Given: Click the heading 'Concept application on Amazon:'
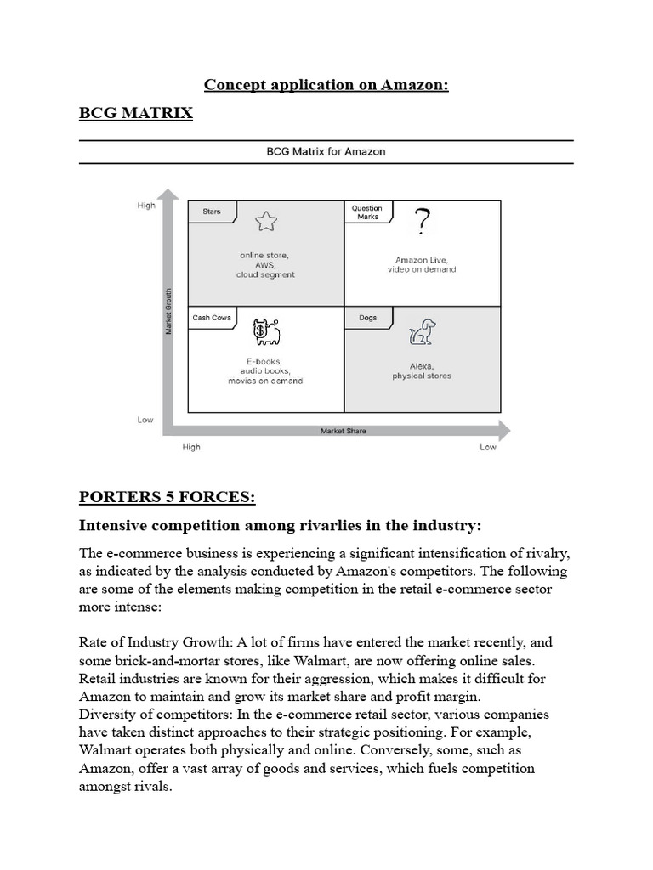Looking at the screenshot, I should pyautogui.click(x=326, y=85).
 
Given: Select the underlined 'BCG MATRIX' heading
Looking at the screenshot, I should pyautogui.click(x=135, y=113).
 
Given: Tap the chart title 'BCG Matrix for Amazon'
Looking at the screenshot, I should pyautogui.click(x=326, y=152).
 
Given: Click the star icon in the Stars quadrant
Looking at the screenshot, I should pyautogui.click(x=266, y=223).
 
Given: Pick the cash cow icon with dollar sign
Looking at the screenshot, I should pyautogui.click(x=266, y=331).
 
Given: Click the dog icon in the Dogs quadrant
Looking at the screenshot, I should pyautogui.click(x=421, y=332).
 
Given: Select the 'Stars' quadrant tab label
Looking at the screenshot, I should pyautogui.click(x=211, y=211).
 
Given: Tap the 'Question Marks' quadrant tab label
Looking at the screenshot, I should pyautogui.click(x=367, y=212).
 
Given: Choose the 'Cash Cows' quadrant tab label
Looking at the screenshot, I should pyautogui.click(x=212, y=318).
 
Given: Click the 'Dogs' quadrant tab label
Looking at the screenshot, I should pyautogui.click(x=367, y=318).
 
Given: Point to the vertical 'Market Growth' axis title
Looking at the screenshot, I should pyautogui.click(x=168, y=311).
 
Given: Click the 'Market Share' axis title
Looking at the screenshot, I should pyautogui.click(x=343, y=431).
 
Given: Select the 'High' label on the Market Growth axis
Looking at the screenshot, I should pyautogui.click(x=146, y=206).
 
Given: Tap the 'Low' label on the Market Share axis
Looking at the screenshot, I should pyautogui.click(x=487, y=448).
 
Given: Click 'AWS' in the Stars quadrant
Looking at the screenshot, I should pyautogui.click(x=265, y=264).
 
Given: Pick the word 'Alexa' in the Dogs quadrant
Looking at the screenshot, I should pyautogui.click(x=422, y=365).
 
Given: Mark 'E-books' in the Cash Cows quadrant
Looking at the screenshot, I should pyautogui.click(x=264, y=360).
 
